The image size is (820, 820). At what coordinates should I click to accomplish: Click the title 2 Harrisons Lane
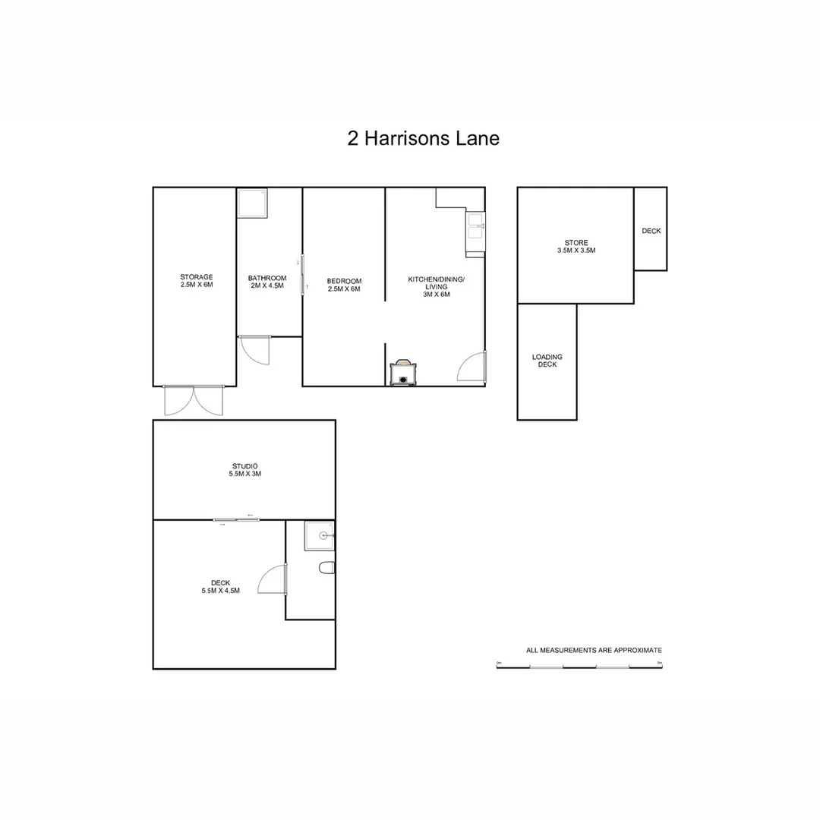coord(423,139)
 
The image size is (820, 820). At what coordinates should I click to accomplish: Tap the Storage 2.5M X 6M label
coord(196,281)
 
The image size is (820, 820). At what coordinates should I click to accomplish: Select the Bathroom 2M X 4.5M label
coord(267,282)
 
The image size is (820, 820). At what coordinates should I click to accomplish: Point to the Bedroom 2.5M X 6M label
coord(344,285)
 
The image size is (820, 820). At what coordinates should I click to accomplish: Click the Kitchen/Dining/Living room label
coord(436,286)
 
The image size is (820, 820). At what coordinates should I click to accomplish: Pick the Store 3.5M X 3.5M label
coord(576,246)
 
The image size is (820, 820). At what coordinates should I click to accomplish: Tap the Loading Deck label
coord(547,361)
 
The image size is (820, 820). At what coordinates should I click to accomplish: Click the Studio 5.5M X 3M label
coord(244,469)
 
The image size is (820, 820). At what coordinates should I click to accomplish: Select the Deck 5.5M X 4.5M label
coord(220,586)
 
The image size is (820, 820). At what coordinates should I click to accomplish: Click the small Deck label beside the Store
coord(651,231)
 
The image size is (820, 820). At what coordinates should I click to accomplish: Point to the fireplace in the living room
coord(402,373)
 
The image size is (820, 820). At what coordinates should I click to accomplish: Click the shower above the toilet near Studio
coord(319,535)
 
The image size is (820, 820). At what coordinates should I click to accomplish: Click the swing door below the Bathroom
coord(255,350)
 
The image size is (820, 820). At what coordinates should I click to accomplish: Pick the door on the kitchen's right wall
coord(473,367)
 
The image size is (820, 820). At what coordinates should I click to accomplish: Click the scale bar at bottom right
coord(580,667)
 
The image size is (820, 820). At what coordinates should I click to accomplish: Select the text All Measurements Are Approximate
coord(594,650)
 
